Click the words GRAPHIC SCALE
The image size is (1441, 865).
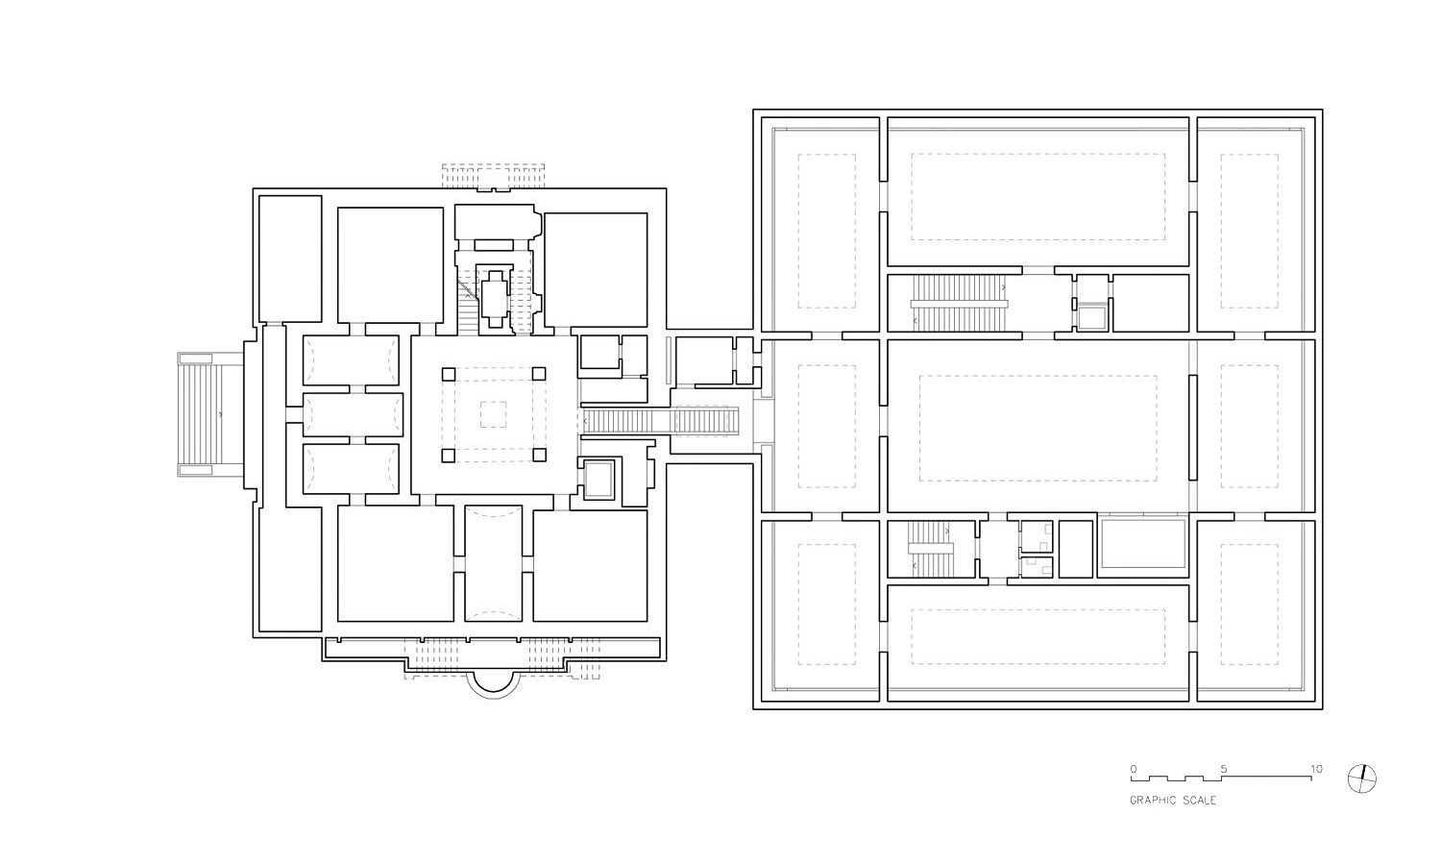coord(1173,801)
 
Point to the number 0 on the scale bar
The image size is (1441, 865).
coord(1134,769)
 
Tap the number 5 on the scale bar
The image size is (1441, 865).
coord(1224,769)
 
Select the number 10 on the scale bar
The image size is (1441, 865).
coord(1316,769)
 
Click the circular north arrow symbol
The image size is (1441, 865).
coord(1362,778)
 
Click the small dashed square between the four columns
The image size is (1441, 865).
coord(494,414)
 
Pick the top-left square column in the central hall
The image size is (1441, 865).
coord(449,374)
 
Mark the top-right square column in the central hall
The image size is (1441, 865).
coord(539,374)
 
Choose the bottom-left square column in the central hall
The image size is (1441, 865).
coord(449,456)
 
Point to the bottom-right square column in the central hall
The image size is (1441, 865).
coord(539,456)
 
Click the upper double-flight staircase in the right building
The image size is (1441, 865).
coord(959,303)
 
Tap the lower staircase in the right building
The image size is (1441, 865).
coord(930,549)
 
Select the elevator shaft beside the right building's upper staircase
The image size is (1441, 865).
coord(1091,318)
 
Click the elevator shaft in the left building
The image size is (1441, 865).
coord(598,479)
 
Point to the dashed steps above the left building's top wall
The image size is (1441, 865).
coord(493,176)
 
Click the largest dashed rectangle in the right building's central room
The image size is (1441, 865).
coord(1038,429)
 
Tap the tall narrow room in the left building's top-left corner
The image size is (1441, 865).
coord(290,259)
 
